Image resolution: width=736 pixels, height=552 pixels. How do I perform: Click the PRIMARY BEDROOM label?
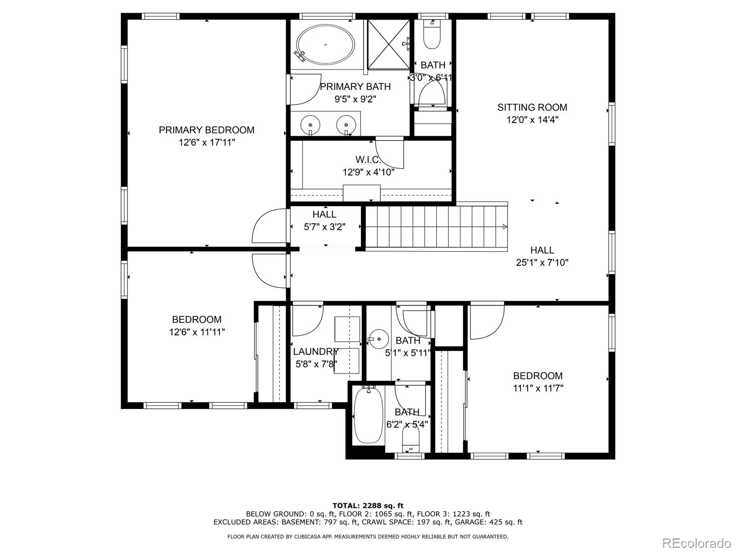click(x=207, y=130)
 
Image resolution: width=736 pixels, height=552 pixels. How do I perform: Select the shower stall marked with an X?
click(x=389, y=44)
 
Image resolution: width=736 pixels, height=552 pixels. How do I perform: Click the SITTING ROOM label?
click(x=532, y=107)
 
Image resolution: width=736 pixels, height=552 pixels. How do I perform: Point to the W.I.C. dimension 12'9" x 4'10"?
click(x=368, y=172)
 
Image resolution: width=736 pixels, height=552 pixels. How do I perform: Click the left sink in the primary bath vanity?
click(x=310, y=124)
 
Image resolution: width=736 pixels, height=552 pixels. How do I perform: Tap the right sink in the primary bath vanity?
click(x=346, y=124)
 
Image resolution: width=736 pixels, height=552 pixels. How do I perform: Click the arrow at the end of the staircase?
click(x=505, y=227)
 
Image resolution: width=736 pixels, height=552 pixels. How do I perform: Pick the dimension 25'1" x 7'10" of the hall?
click(x=542, y=262)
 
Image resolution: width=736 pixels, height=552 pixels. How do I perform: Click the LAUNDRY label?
click(x=316, y=351)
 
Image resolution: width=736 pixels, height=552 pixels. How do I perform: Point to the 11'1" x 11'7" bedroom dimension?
click(x=538, y=388)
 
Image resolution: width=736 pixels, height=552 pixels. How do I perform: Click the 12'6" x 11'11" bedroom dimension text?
click(x=197, y=332)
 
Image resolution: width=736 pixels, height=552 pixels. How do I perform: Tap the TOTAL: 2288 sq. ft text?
click(x=368, y=506)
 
